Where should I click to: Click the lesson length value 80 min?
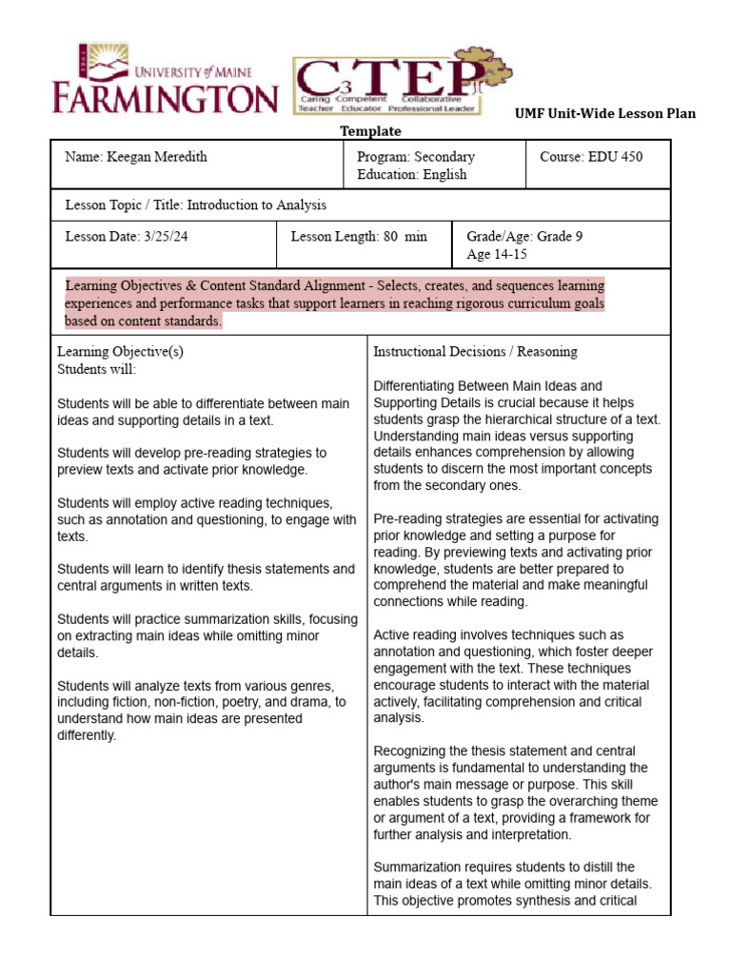point(405,237)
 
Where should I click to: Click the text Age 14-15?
point(496,254)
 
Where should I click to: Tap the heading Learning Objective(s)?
point(120,351)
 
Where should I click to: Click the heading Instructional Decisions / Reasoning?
point(475,351)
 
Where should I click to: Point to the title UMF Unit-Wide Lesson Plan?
point(605,113)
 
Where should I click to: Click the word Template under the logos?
point(370,131)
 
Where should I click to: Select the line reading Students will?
point(97,368)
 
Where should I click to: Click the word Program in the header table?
point(382,157)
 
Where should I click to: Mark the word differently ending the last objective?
point(87,735)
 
